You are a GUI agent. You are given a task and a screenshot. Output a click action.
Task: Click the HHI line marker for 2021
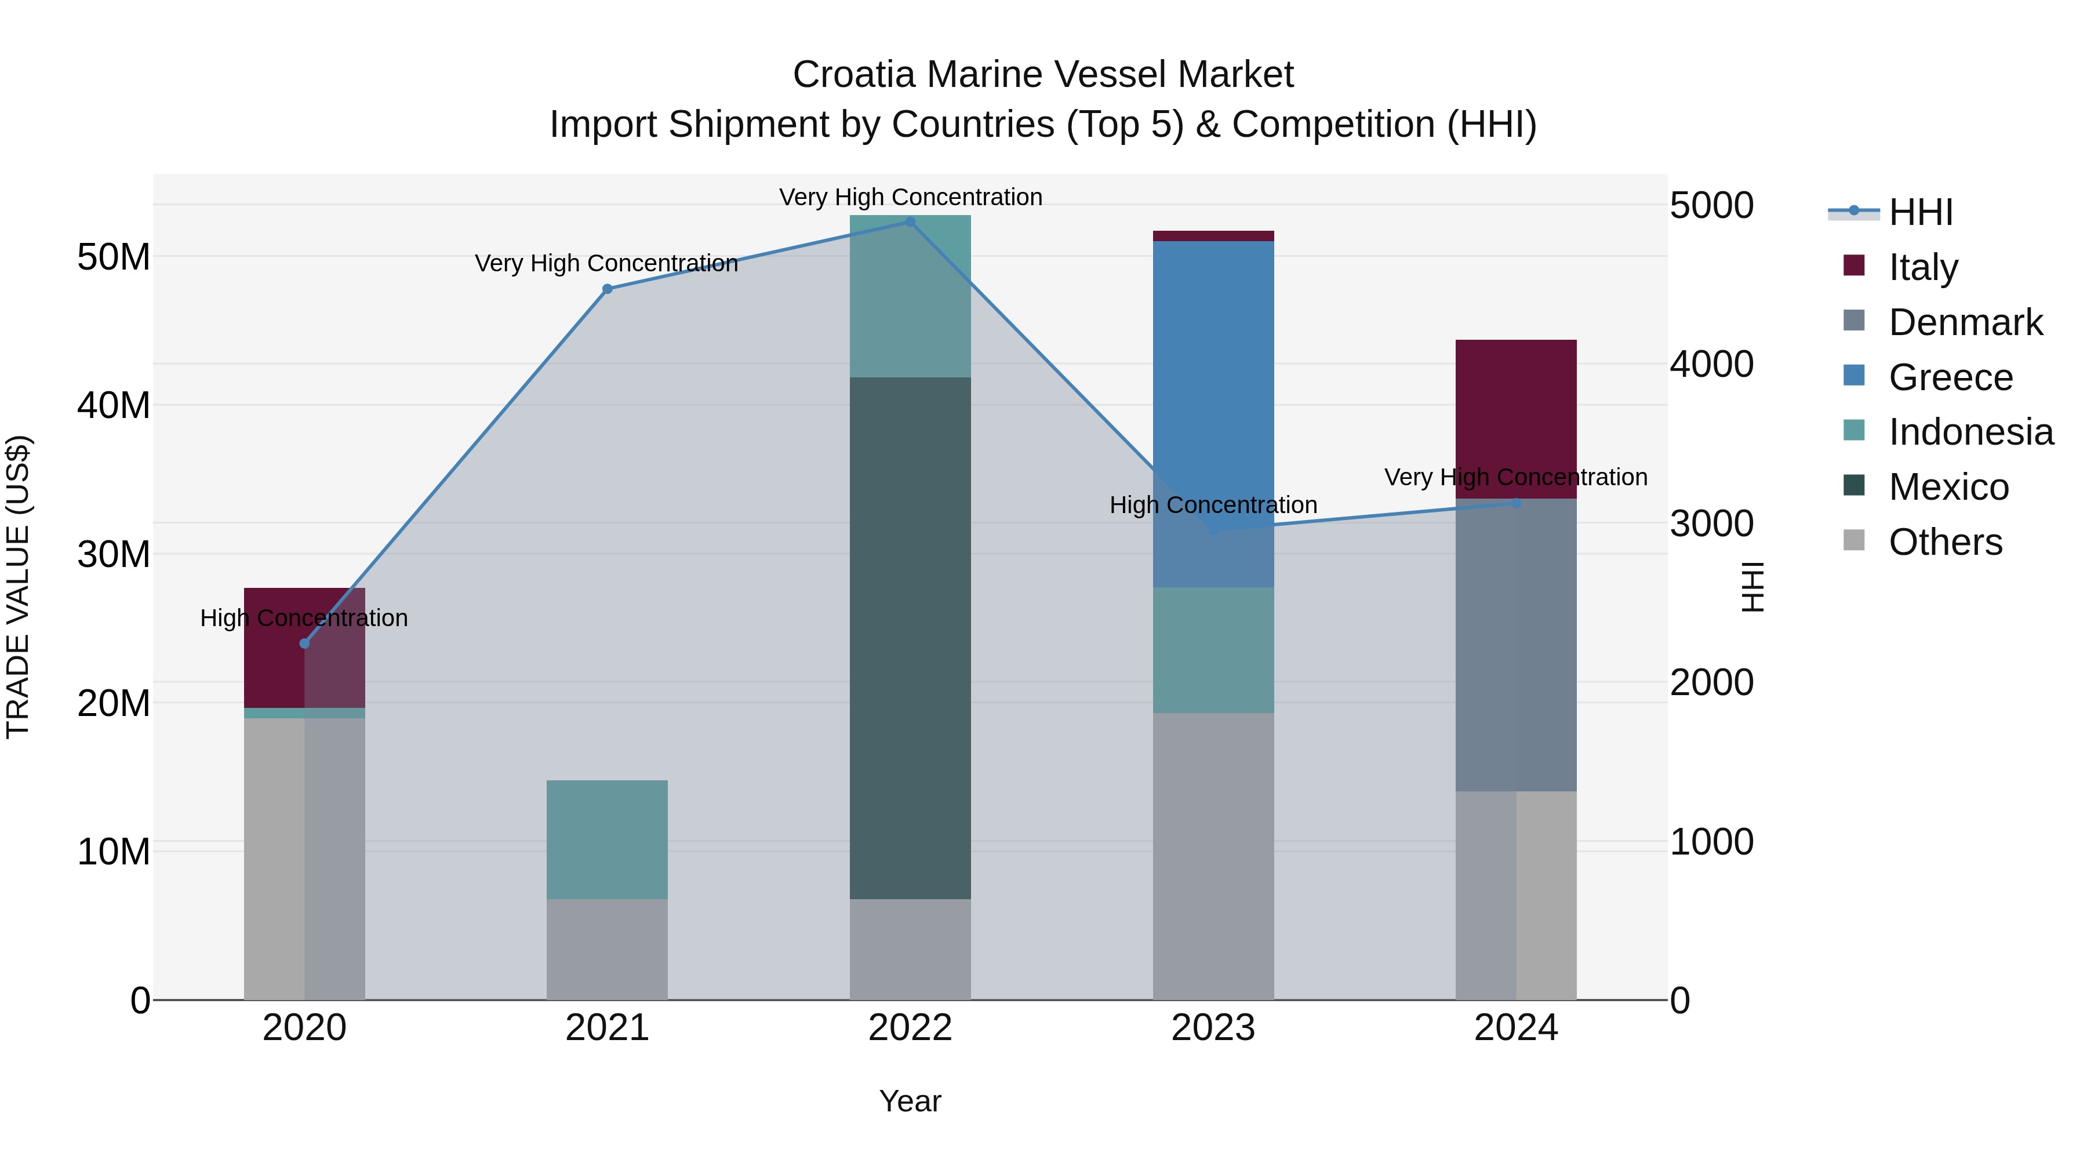click(608, 289)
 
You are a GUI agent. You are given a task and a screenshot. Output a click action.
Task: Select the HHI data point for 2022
click(910, 222)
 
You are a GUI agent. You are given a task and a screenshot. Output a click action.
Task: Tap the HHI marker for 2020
click(304, 644)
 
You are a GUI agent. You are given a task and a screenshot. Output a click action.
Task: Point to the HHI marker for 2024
click(1516, 504)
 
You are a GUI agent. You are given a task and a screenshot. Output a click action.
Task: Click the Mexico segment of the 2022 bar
click(910, 638)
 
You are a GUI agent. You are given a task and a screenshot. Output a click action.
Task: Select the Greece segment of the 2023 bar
click(1213, 413)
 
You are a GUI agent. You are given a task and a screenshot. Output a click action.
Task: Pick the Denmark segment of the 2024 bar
click(1516, 645)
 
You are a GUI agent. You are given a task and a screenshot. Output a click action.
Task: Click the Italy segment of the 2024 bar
click(1516, 419)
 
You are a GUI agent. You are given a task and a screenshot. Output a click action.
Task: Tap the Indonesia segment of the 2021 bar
click(608, 839)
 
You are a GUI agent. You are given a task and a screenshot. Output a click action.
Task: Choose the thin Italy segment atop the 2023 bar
click(1213, 236)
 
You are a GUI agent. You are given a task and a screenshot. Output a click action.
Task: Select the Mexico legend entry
click(1948, 488)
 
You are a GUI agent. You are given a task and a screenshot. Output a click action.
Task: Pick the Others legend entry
click(1944, 543)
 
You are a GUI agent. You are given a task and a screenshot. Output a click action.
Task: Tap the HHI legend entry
click(1920, 212)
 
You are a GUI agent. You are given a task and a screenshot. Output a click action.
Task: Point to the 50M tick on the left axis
click(114, 257)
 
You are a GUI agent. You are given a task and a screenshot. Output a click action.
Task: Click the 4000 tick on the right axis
click(1711, 365)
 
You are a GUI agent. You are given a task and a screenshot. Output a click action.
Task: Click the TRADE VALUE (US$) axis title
click(18, 587)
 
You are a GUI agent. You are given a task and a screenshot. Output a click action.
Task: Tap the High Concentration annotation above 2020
click(304, 618)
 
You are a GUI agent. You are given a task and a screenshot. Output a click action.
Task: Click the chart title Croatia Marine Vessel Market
click(1043, 75)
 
